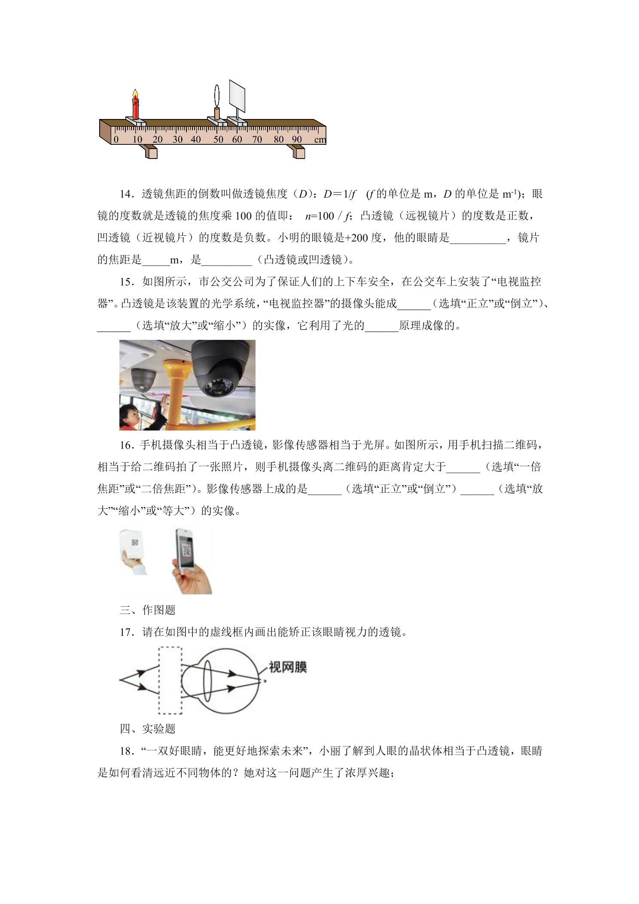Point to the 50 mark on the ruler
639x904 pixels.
pyautogui.click(x=219, y=140)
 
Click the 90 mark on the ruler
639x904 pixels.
pyautogui.click(x=297, y=140)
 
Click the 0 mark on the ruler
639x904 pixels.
pyautogui.click(x=116, y=140)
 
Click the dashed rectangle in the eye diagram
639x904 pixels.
pyautogui.click(x=170, y=681)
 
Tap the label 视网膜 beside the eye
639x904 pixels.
pyautogui.click(x=287, y=667)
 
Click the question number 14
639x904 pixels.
pyautogui.click(x=125, y=194)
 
